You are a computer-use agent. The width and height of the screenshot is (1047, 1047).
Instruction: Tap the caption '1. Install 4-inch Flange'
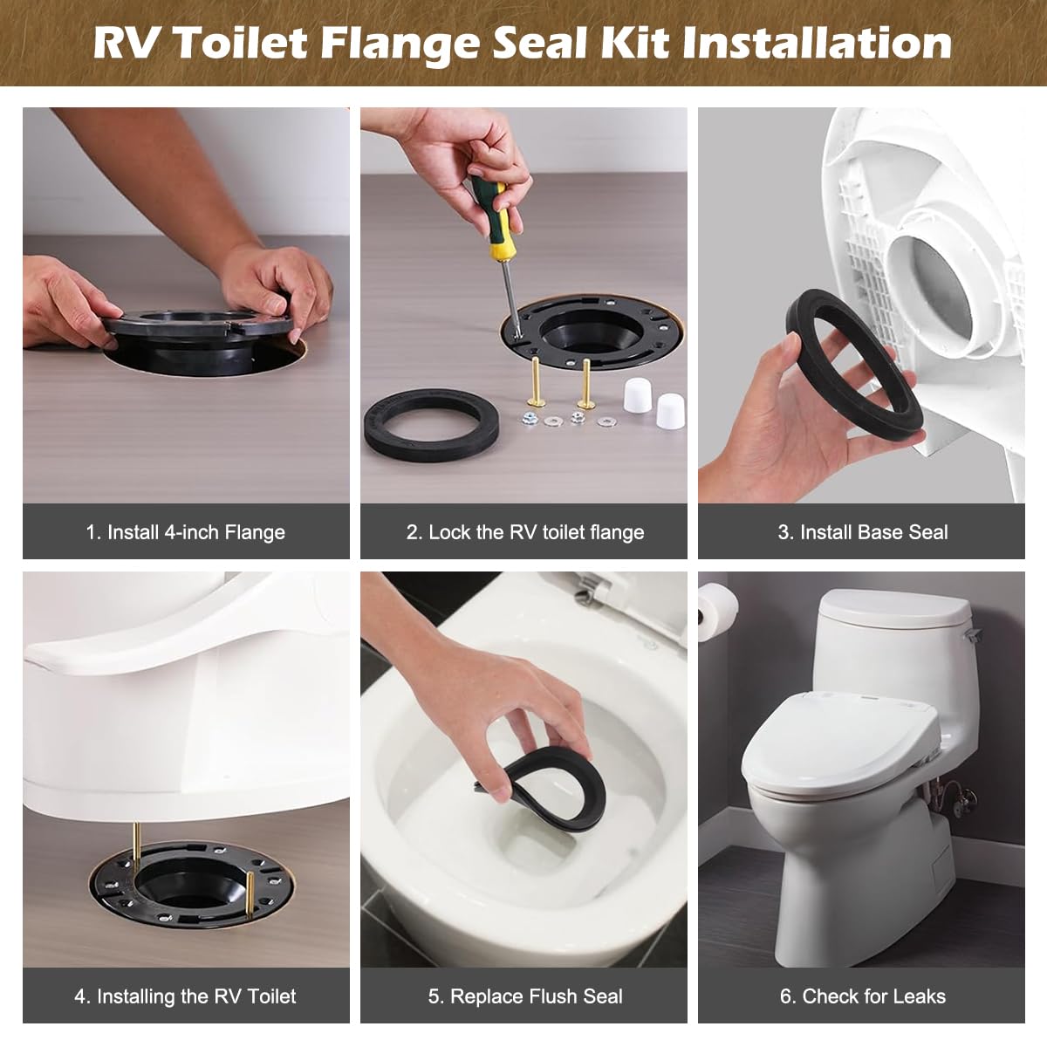[186, 532]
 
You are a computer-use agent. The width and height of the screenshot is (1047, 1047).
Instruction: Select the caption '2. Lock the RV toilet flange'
[524, 532]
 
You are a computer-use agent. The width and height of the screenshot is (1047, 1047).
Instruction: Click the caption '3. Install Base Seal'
[862, 532]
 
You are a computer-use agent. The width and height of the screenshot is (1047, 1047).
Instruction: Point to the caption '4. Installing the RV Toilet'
[186, 996]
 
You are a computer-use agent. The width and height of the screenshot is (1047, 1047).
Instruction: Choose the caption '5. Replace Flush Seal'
[524, 996]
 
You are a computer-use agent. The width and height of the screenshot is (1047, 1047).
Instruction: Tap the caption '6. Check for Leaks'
[862, 996]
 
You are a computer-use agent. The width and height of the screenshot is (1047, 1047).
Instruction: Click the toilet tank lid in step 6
[893, 607]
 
